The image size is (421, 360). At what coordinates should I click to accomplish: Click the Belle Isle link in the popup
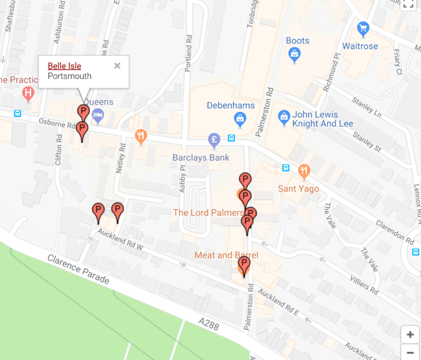[64, 66]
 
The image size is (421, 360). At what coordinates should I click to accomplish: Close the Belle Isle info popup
[117, 66]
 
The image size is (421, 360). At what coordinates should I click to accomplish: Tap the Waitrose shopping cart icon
[363, 28]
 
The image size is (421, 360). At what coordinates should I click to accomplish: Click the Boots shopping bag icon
[295, 54]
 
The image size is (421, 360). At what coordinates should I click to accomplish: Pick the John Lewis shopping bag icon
[284, 118]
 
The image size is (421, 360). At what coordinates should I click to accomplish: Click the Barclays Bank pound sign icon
[215, 140]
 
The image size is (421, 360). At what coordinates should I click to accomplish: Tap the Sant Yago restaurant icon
[305, 171]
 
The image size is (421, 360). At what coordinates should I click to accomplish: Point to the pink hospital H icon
[28, 92]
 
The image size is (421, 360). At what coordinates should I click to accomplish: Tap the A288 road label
[208, 325]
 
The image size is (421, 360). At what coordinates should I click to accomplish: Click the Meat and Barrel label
[226, 255]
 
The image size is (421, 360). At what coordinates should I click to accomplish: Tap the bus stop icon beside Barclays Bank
[231, 138]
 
